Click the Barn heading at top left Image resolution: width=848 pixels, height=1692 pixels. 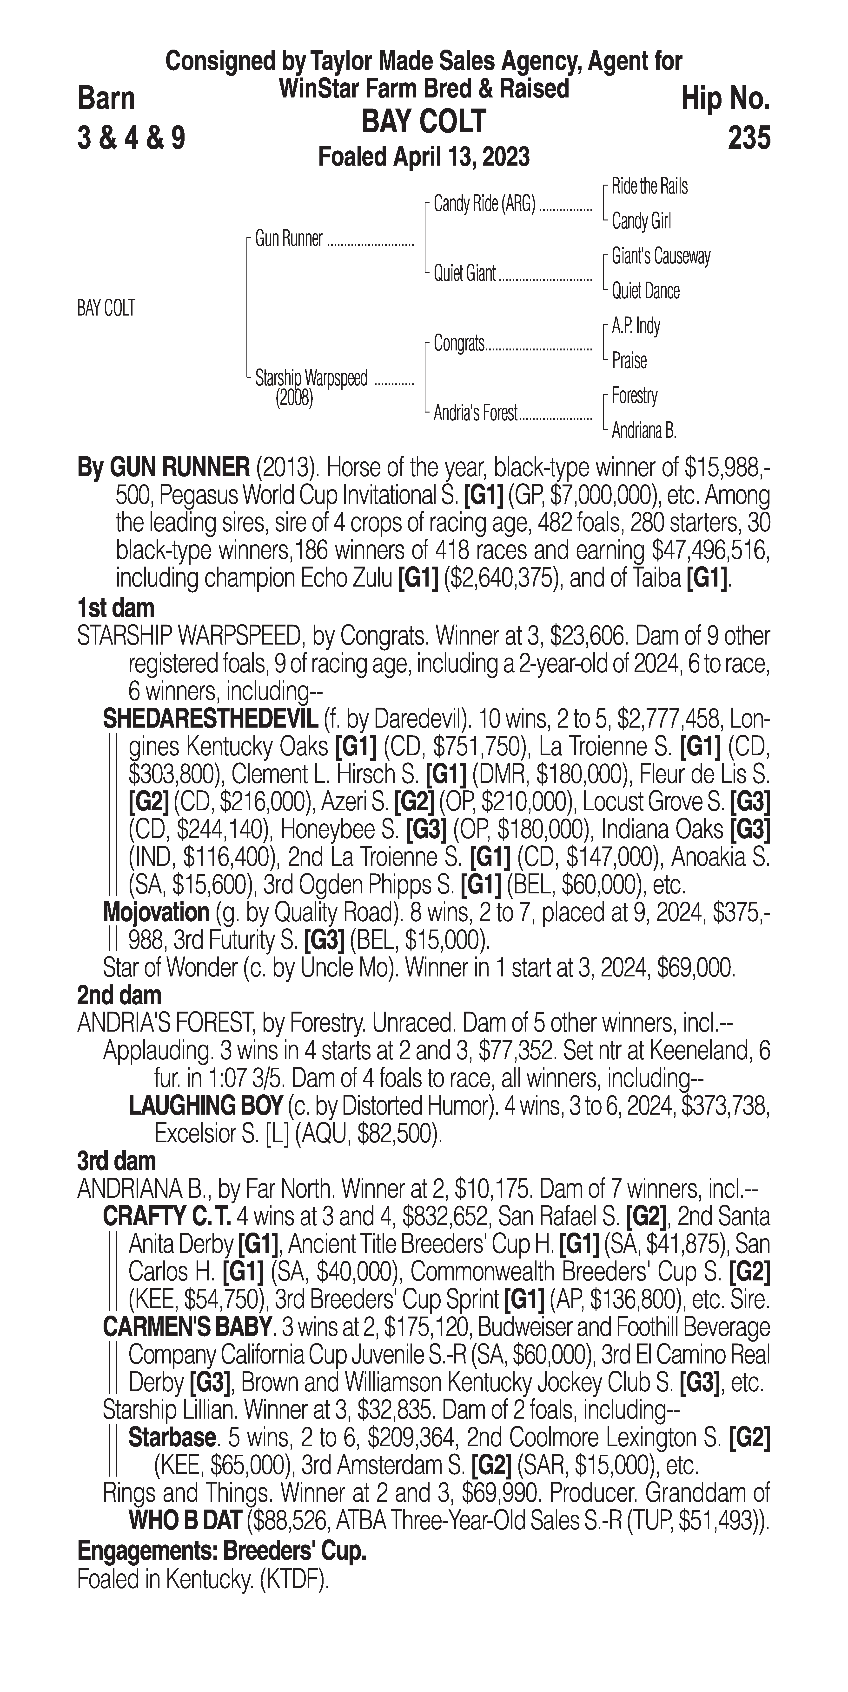pos(106,98)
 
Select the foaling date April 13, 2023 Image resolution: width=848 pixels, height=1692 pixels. pos(424,157)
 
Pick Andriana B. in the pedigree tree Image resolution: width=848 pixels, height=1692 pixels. pos(643,431)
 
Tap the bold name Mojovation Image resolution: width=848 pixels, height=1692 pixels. pos(156,912)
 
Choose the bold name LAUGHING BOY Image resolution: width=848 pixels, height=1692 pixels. pos(206,1106)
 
